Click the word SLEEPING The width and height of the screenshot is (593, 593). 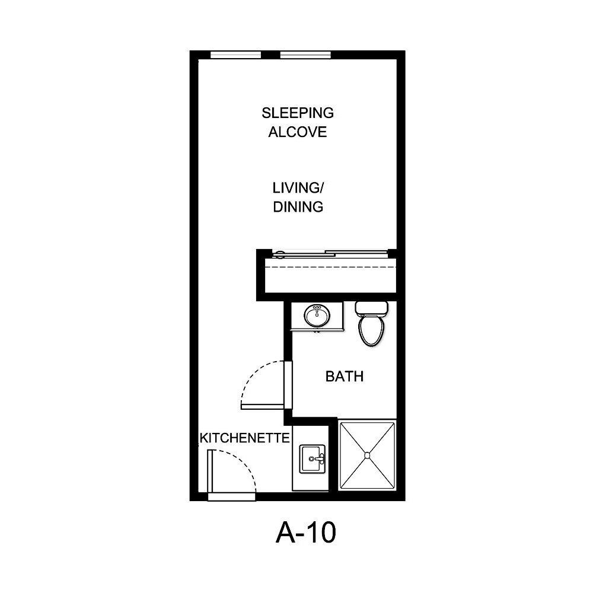(298, 112)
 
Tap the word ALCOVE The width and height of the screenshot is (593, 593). (298, 132)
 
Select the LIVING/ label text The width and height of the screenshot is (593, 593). (298, 188)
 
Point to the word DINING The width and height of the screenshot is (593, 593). (298, 207)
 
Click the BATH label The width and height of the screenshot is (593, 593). (344, 376)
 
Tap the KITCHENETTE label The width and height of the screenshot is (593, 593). (244, 438)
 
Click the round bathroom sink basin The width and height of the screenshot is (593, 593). (317, 315)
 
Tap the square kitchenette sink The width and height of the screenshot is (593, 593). (313, 459)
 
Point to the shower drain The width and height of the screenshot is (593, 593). (367, 455)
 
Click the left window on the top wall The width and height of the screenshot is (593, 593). (236, 55)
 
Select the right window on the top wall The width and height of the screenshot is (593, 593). (305, 55)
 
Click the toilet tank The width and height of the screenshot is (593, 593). (372, 308)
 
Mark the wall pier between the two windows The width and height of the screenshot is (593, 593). (270, 55)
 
